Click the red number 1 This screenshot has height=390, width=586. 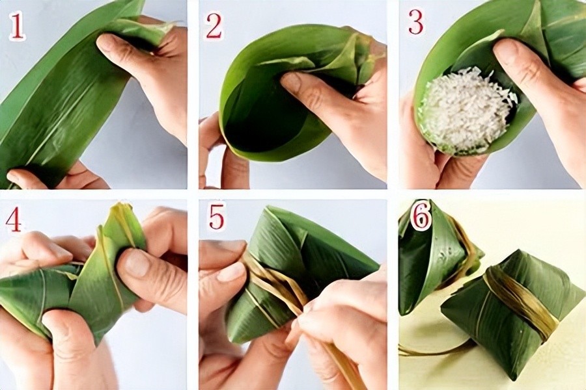pyautogui.click(x=17, y=27)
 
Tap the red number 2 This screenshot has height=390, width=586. pyautogui.click(x=214, y=26)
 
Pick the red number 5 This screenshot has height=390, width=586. pyautogui.click(x=216, y=216)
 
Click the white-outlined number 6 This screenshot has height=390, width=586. pyautogui.click(x=421, y=218)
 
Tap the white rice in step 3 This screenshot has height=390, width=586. pyautogui.click(x=466, y=110)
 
